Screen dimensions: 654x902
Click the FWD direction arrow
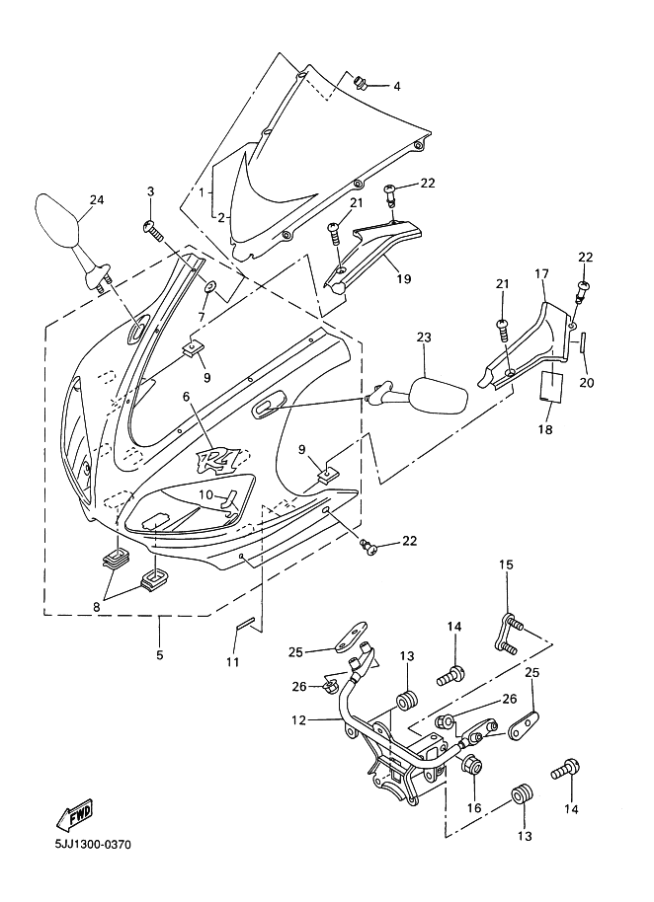(75, 814)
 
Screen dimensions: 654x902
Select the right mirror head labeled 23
(440, 394)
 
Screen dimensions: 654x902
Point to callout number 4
(396, 86)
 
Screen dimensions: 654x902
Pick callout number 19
(404, 278)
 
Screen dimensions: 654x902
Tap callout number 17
(541, 273)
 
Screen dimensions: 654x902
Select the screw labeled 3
(153, 231)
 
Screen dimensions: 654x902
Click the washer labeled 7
(210, 286)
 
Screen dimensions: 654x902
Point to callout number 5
(159, 654)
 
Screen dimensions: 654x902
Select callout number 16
(474, 807)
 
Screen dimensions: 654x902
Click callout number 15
(506, 564)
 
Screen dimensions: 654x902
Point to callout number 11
(232, 662)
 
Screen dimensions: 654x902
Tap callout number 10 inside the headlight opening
(206, 494)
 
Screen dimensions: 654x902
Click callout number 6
(186, 397)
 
